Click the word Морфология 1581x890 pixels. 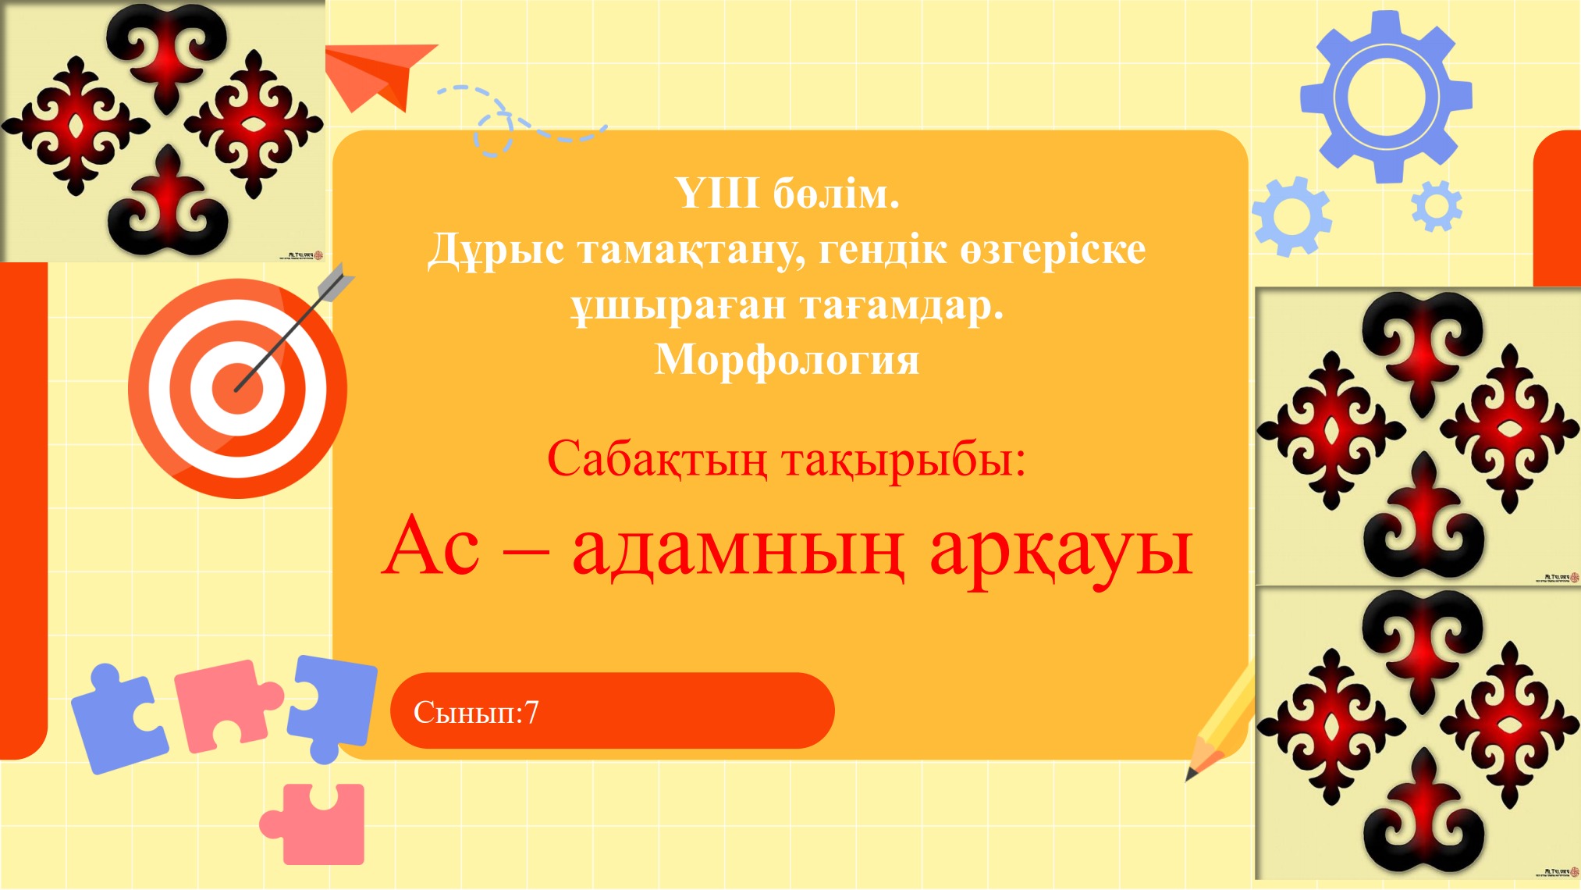click(x=787, y=361)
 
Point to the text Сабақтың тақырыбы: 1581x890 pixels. click(x=786, y=459)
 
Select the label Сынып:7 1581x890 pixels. click(x=476, y=712)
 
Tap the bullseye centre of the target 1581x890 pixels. click(x=236, y=388)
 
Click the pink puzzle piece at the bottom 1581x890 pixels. click(x=316, y=824)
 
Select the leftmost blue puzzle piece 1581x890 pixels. click(x=117, y=718)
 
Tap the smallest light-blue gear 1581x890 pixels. click(x=1436, y=207)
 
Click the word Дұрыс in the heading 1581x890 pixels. click(x=496, y=250)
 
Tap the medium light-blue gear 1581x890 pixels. click(x=1291, y=217)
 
